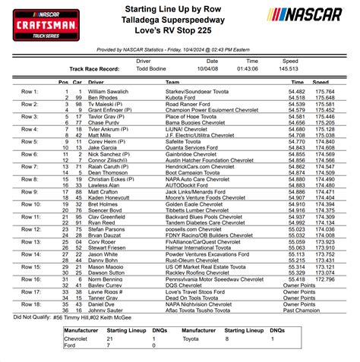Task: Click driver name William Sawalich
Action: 109,92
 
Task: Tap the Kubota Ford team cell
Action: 182,98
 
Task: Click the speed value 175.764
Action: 321,92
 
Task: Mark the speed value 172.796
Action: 321,300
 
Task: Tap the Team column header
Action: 172,81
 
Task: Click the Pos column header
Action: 63,81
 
